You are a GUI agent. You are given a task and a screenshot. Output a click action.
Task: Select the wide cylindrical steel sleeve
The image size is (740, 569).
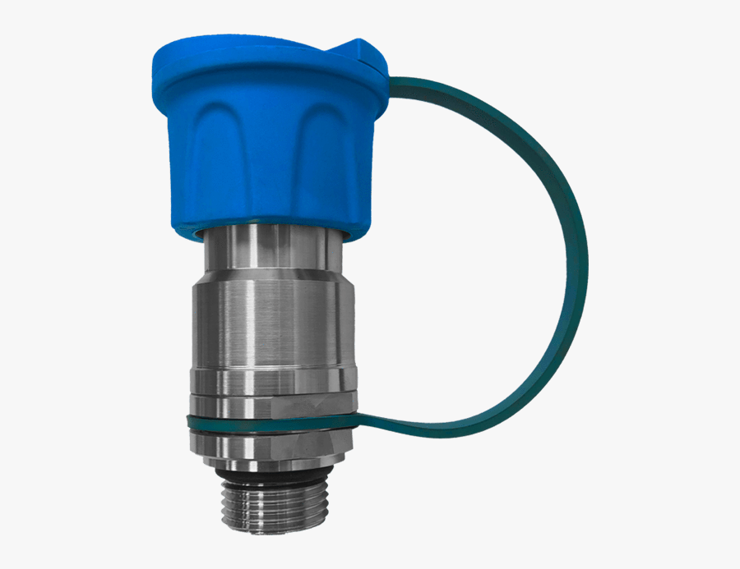271,324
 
